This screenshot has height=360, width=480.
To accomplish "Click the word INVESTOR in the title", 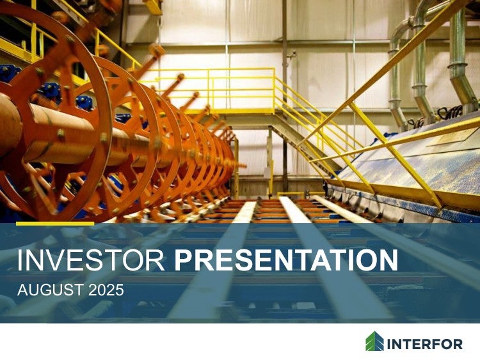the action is pos(91,260).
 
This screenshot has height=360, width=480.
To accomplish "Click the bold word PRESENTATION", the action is pos(286,260).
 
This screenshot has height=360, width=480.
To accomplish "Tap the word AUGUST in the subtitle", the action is pos(51,290).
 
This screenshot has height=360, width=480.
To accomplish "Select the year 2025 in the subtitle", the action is pos(106,290).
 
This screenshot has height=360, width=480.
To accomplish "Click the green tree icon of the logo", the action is pos(374,341).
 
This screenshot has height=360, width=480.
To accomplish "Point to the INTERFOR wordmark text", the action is pos(425,345).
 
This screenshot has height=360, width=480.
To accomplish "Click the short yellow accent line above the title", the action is pos(55,224).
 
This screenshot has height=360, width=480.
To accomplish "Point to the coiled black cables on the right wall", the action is pos(449,112).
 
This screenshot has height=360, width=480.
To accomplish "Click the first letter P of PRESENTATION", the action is pos(184,260).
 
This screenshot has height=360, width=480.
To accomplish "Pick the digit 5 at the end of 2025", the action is pos(119,290).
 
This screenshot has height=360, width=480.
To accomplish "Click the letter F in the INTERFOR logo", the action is pos(432,345).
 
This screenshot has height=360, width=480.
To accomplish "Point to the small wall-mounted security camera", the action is pos(291,54).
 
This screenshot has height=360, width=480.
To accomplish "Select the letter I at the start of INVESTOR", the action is pos(20,260).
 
